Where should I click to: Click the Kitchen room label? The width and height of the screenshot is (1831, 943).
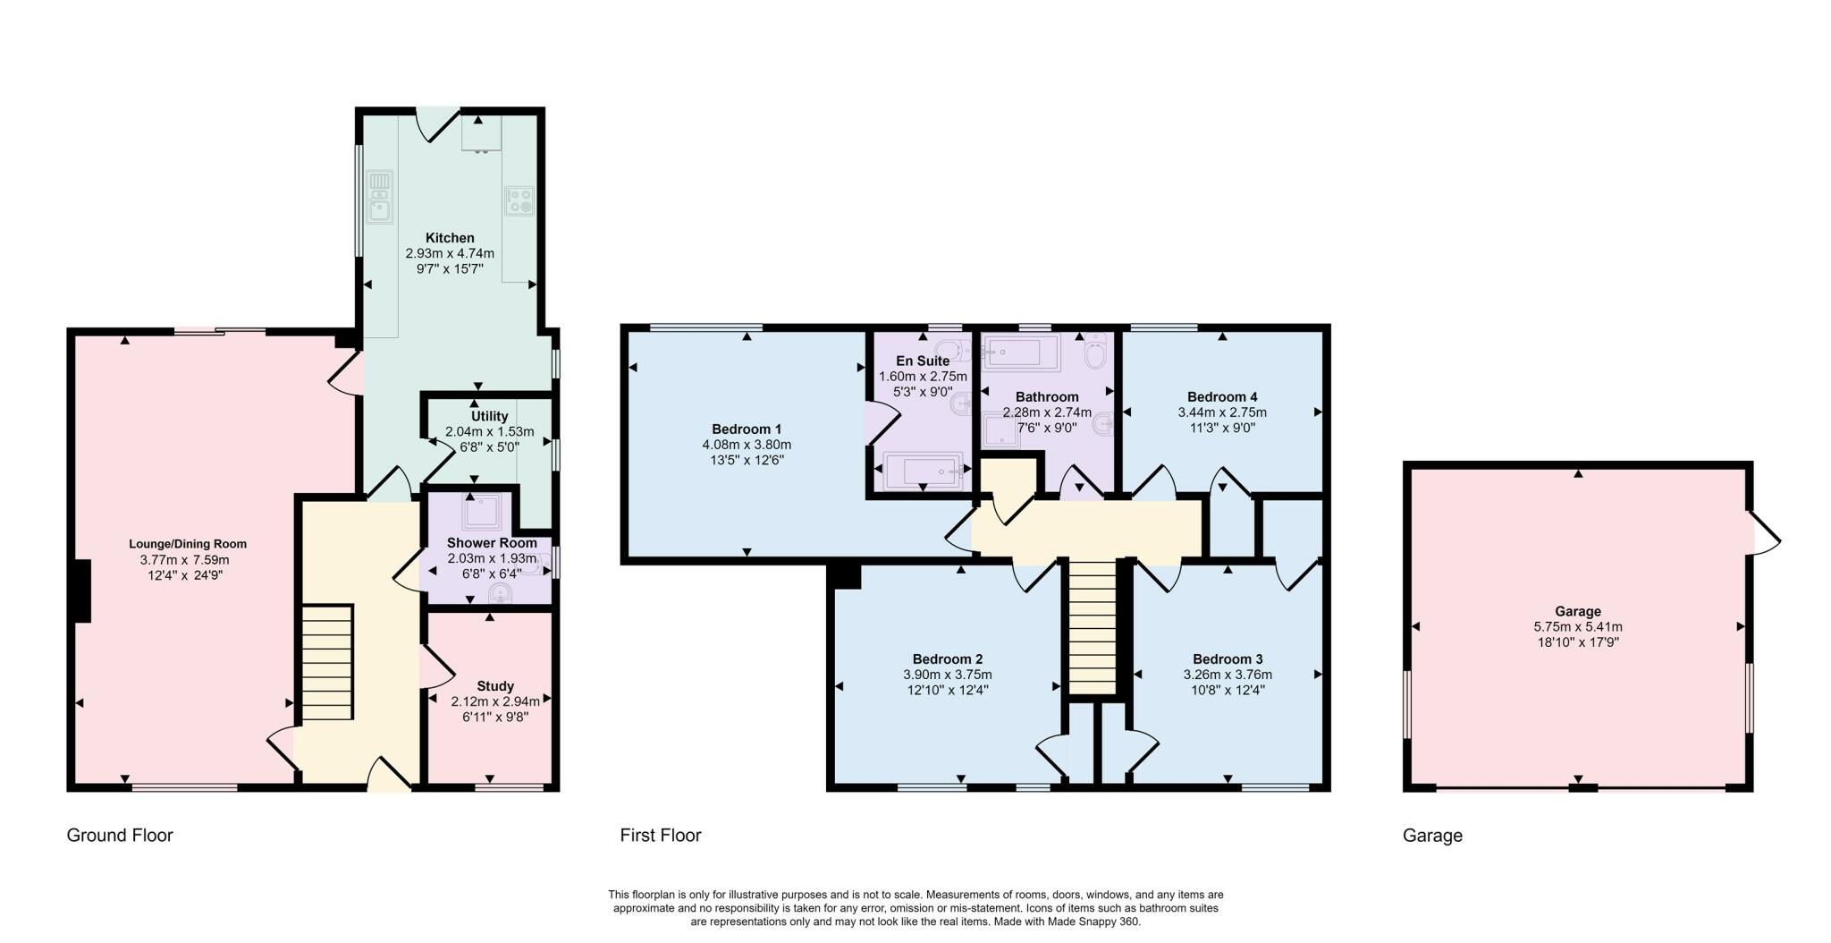(x=450, y=238)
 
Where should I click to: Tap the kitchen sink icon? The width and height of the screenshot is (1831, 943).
(x=380, y=196)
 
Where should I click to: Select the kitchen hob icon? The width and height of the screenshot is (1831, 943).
(x=519, y=200)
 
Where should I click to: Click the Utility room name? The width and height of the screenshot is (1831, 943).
(x=489, y=416)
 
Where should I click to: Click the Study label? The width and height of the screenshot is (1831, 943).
(x=495, y=686)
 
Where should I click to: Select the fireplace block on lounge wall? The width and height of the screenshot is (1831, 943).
(x=82, y=591)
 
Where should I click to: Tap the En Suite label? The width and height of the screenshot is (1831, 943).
(x=923, y=361)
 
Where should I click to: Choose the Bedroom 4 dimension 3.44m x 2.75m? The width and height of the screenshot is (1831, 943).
(x=1222, y=412)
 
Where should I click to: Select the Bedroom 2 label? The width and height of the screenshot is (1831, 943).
(x=948, y=659)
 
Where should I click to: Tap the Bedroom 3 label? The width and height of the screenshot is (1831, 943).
(x=1228, y=659)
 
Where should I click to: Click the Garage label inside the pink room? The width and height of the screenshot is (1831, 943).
(x=1577, y=612)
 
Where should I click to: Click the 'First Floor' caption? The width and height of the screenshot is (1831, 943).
(x=661, y=836)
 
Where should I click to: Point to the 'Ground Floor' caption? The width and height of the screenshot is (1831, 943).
(x=120, y=836)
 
